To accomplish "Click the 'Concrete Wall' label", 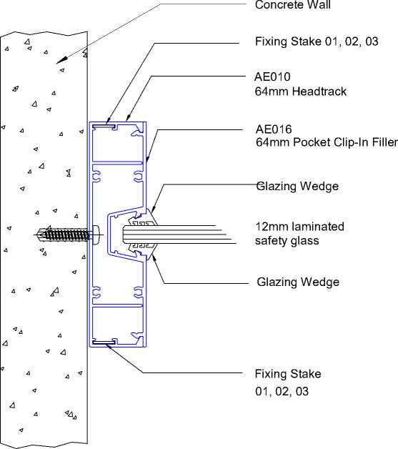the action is pyautogui.click(x=293, y=4).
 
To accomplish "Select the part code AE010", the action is pyautogui.click(x=272, y=77).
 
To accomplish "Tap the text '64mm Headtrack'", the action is pyautogui.click(x=300, y=92).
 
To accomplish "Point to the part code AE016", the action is pyautogui.click(x=274, y=129).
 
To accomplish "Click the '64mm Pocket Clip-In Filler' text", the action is pyautogui.click(x=327, y=142).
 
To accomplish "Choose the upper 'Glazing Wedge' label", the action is pyautogui.click(x=297, y=187).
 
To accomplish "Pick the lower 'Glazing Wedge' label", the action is pyautogui.click(x=298, y=282).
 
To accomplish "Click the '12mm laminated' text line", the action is pyautogui.click(x=299, y=227).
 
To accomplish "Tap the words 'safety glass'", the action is pyautogui.click(x=287, y=240).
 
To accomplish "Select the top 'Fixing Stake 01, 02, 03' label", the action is pyautogui.click(x=317, y=41).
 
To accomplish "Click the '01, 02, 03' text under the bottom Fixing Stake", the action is pyautogui.click(x=282, y=391).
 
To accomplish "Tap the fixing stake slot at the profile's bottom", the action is pyautogui.click(x=104, y=342).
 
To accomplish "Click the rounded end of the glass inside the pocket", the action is pyautogui.click(x=124, y=235).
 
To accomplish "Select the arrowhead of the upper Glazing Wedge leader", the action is pyautogui.click(x=154, y=208).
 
